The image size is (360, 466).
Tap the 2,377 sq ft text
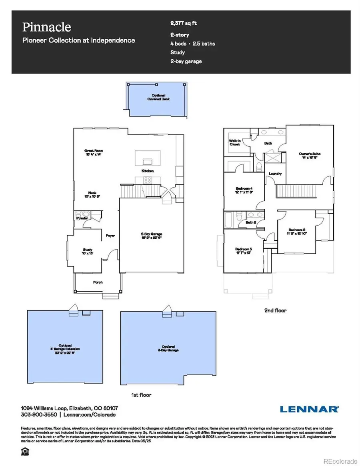tap(184, 24)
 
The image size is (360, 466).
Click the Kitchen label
tap(148, 171)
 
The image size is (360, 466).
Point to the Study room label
tap(88, 250)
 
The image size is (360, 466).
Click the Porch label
tap(98, 282)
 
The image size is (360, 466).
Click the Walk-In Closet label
tap(234, 142)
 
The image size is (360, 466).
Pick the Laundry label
tap(275, 174)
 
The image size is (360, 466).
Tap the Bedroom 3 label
tap(244, 251)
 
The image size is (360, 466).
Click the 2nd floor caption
tap(275, 310)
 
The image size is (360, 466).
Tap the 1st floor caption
tap(141, 395)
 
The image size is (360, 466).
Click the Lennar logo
tap(309, 409)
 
